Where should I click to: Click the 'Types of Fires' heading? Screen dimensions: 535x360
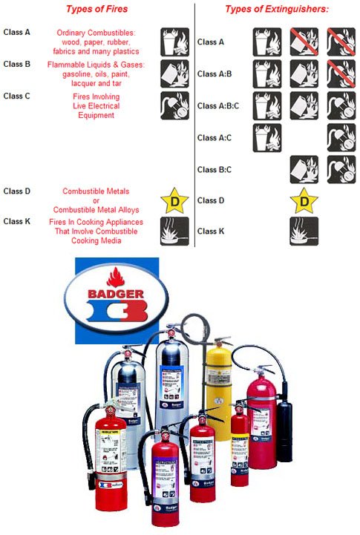[98, 9]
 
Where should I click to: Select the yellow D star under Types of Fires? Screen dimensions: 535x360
[174, 200]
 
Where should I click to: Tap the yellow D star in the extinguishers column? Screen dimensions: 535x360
[304, 200]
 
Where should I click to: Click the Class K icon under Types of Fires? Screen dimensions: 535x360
[174, 231]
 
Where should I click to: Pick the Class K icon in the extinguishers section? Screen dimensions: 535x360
[304, 231]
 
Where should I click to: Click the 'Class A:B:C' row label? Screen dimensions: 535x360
[218, 105]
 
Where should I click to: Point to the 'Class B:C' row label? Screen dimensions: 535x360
[214, 169]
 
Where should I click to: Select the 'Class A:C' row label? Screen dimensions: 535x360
[214, 138]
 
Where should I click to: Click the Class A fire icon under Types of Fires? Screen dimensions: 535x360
[174, 42]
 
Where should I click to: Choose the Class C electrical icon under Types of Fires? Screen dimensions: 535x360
[174, 106]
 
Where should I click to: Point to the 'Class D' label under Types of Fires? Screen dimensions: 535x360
[17, 191]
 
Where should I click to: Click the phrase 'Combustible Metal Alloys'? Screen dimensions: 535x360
[100, 209]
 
